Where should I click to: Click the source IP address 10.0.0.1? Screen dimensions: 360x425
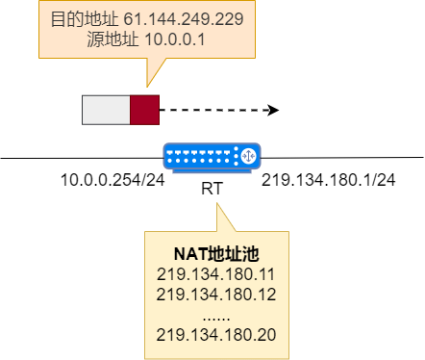[176, 39]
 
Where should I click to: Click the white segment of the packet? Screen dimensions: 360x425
[106, 110]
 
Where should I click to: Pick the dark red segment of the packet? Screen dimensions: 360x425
[144, 110]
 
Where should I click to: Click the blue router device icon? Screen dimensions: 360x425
[212, 156]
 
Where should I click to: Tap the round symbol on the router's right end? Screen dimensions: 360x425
[247, 155]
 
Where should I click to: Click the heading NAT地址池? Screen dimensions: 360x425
[216, 254]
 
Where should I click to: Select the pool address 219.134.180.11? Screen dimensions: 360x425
[216, 274]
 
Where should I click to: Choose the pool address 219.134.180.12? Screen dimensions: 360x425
[216, 294]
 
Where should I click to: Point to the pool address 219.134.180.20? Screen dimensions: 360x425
[216, 334]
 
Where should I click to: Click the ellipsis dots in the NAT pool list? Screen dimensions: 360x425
[216, 314]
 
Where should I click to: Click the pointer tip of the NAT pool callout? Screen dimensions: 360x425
[217, 204]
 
